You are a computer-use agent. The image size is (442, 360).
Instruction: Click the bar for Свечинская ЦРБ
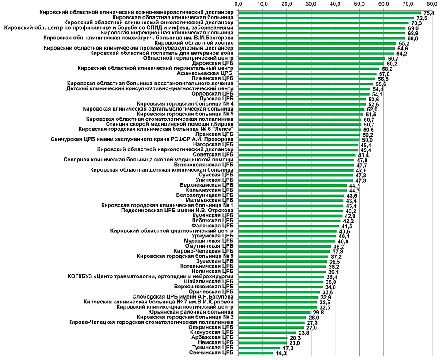coord(255,352)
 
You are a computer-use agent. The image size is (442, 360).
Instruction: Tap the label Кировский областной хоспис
coord(202,43)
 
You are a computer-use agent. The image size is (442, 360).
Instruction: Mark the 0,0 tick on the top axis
coord(239,4)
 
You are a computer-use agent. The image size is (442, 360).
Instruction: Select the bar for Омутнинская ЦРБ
coord(285,246)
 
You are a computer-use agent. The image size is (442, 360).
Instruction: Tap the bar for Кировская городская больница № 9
coord(283,256)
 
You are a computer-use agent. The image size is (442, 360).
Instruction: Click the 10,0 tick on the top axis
coord(263,4)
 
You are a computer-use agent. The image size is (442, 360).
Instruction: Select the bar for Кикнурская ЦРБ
coord(267,332)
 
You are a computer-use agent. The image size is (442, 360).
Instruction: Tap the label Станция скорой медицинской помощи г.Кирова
coord(170,124)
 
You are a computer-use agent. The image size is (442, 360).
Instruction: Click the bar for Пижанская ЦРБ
coord(307,79)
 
